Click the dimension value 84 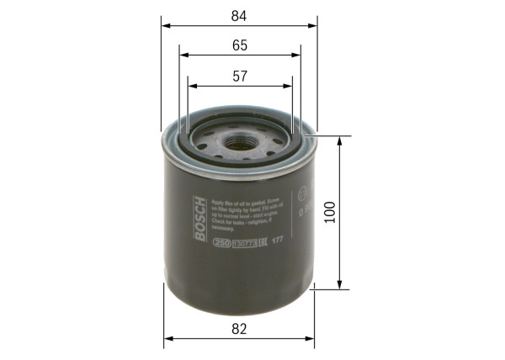click(239, 13)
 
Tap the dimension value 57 click(239, 77)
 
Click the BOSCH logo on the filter click(199, 218)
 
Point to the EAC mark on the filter click(268, 242)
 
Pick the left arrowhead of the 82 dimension click(167, 338)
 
